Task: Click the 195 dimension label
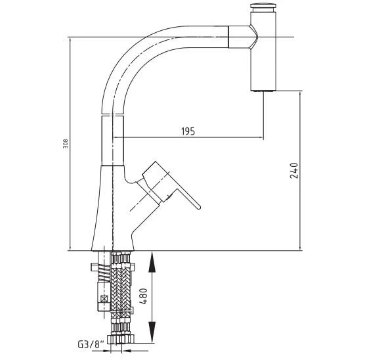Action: [x=188, y=131]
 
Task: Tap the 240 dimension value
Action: [x=294, y=171]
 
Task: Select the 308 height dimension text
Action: [x=66, y=144]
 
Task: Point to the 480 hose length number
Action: [x=144, y=296]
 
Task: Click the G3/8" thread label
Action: [x=91, y=345]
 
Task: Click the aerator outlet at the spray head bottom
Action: [x=263, y=91]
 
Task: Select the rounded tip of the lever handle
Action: [x=199, y=208]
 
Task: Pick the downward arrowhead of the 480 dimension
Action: [x=152, y=332]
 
